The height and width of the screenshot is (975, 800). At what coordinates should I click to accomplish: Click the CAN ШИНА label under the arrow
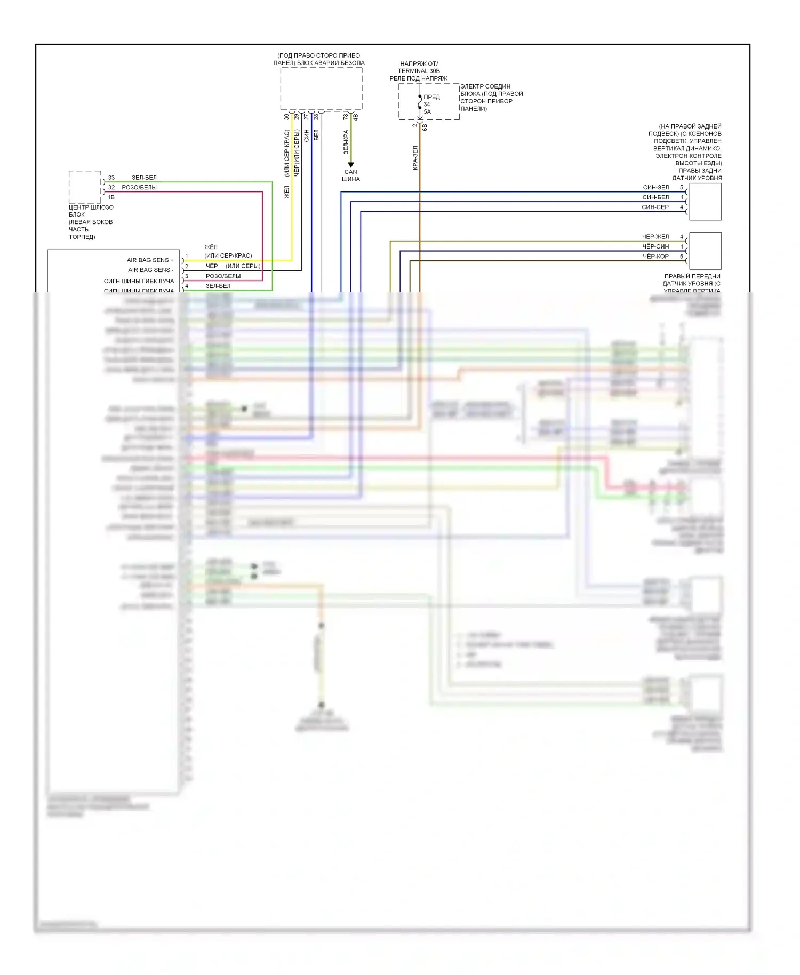(x=351, y=175)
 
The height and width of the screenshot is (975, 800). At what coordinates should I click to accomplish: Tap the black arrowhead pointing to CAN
(x=351, y=165)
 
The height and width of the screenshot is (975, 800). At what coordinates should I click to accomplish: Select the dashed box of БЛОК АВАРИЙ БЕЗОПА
(x=321, y=89)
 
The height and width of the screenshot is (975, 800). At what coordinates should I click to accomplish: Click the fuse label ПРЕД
(x=431, y=97)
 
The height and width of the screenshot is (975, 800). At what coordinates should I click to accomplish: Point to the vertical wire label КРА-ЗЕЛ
(x=415, y=158)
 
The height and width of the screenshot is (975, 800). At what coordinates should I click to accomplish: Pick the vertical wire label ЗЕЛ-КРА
(x=346, y=142)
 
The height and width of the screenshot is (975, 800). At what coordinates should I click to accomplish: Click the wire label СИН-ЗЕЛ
(x=655, y=187)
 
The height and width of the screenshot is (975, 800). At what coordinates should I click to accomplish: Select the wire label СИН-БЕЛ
(x=655, y=197)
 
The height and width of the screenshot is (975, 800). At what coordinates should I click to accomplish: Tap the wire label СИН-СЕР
(x=655, y=207)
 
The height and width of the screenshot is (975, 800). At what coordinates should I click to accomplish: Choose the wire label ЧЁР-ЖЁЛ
(x=655, y=236)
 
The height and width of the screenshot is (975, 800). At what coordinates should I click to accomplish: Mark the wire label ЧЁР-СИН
(x=655, y=246)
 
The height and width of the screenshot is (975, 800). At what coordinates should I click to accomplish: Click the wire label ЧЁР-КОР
(x=655, y=256)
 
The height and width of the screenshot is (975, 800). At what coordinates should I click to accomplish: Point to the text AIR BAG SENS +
(x=150, y=260)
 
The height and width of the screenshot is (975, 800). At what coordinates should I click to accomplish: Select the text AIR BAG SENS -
(x=150, y=270)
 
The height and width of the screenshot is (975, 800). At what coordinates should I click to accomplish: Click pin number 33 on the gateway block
(x=111, y=178)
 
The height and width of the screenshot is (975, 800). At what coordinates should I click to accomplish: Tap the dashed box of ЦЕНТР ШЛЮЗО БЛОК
(x=85, y=187)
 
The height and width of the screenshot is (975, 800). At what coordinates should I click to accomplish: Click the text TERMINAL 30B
(x=419, y=71)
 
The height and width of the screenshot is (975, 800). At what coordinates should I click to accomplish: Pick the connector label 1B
(x=111, y=197)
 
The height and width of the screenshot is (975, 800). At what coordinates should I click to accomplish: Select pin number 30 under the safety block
(x=286, y=116)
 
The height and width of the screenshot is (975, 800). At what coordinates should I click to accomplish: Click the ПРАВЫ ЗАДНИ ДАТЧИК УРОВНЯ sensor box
(x=705, y=202)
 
